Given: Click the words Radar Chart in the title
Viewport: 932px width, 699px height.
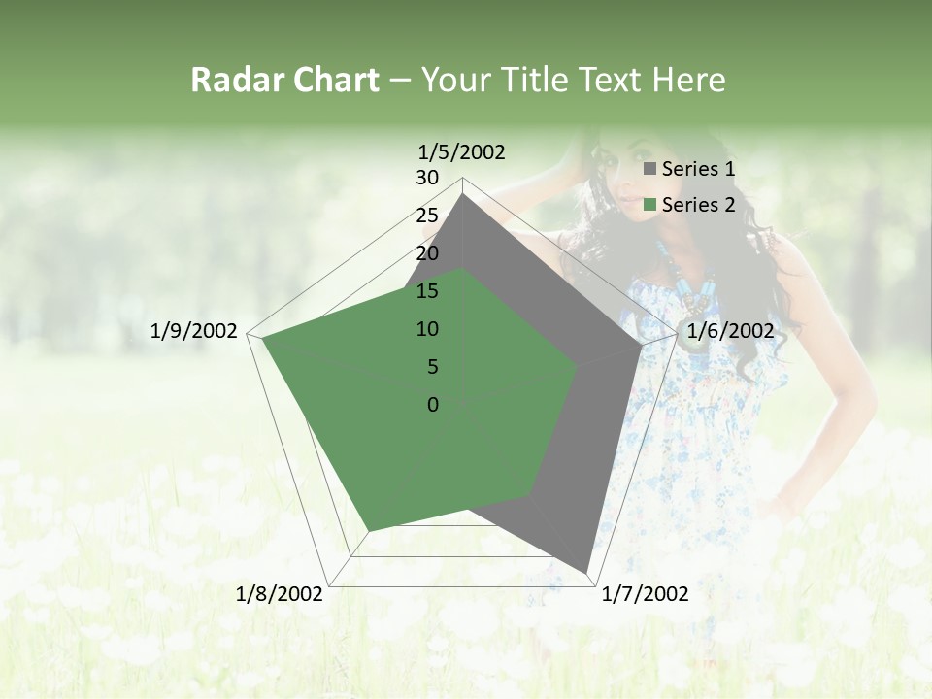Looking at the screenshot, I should tap(284, 80).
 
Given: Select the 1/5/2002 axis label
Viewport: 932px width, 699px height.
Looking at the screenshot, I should tap(461, 151).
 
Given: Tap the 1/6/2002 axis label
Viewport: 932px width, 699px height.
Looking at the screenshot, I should tap(730, 331).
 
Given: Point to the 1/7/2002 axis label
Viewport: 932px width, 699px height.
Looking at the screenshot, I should tap(645, 594).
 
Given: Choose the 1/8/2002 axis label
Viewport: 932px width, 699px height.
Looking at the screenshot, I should tap(280, 594).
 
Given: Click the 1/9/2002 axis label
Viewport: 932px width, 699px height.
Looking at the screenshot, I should tap(193, 331).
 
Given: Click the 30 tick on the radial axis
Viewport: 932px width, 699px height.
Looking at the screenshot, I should tap(427, 178).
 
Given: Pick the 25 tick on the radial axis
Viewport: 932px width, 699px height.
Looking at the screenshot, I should tap(427, 216).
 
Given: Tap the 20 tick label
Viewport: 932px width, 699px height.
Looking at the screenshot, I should tap(427, 253).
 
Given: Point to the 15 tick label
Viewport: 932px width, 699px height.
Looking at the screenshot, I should tap(427, 291).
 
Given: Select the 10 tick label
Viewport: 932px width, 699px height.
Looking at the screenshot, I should tap(427, 329).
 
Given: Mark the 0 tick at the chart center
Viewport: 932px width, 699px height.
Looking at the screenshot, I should tap(433, 405).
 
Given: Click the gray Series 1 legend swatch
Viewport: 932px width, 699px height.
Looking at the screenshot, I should tap(650, 169).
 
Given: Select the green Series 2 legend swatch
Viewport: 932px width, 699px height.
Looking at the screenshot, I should tap(650, 205).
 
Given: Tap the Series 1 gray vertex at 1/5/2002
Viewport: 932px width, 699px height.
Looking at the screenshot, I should tap(463, 195).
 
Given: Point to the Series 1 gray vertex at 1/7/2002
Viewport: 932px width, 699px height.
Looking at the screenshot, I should tap(585, 571).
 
